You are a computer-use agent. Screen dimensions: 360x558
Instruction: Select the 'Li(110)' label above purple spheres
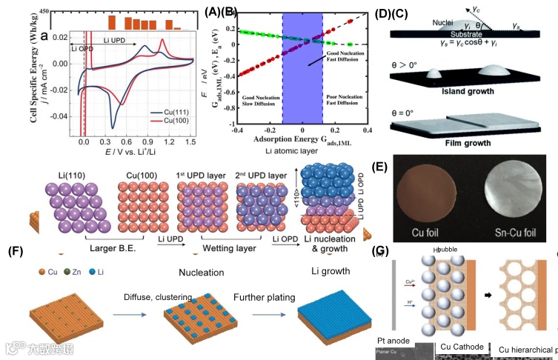coord(73,173)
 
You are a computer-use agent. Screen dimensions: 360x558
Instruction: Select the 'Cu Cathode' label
coord(462,346)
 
